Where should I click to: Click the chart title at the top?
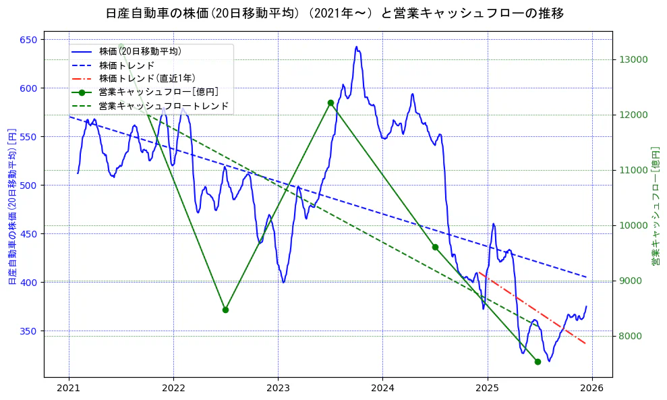point(335,13)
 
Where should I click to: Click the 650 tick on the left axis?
point(29,40)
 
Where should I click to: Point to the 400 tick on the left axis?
point(29,282)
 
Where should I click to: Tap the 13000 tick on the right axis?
point(633,59)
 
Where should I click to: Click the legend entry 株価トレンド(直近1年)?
point(146,78)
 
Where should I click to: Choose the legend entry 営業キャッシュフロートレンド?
point(163,106)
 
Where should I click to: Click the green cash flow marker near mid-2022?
point(225,310)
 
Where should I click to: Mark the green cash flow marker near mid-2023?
point(330,103)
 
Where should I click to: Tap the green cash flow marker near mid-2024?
point(435,247)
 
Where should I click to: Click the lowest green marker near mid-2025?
point(538,362)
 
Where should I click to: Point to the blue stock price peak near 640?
point(356,47)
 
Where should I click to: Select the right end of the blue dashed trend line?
point(585,277)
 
